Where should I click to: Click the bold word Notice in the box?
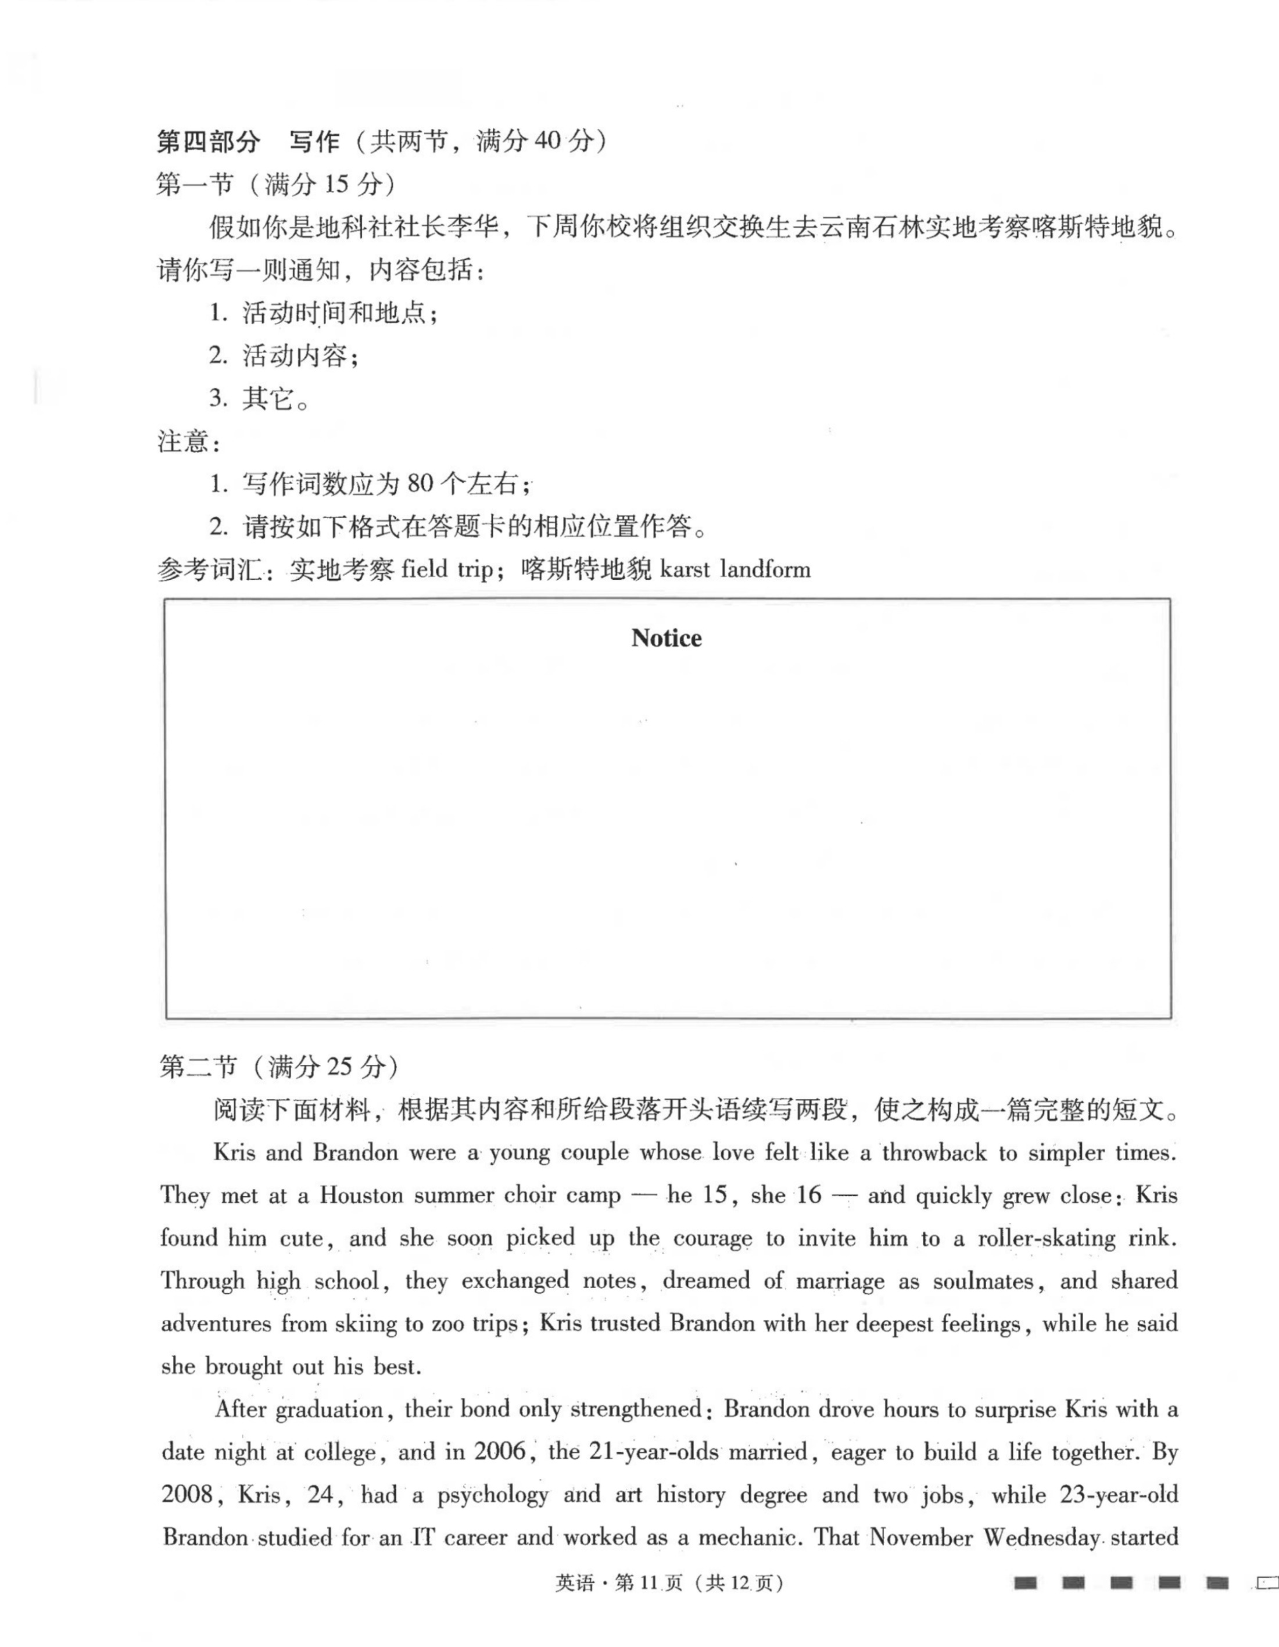click(666, 638)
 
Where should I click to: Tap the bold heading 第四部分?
click(208, 141)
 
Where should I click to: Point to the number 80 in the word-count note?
click(420, 483)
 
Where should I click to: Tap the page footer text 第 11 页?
click(649, 1583)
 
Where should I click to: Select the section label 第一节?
click(195, 184)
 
